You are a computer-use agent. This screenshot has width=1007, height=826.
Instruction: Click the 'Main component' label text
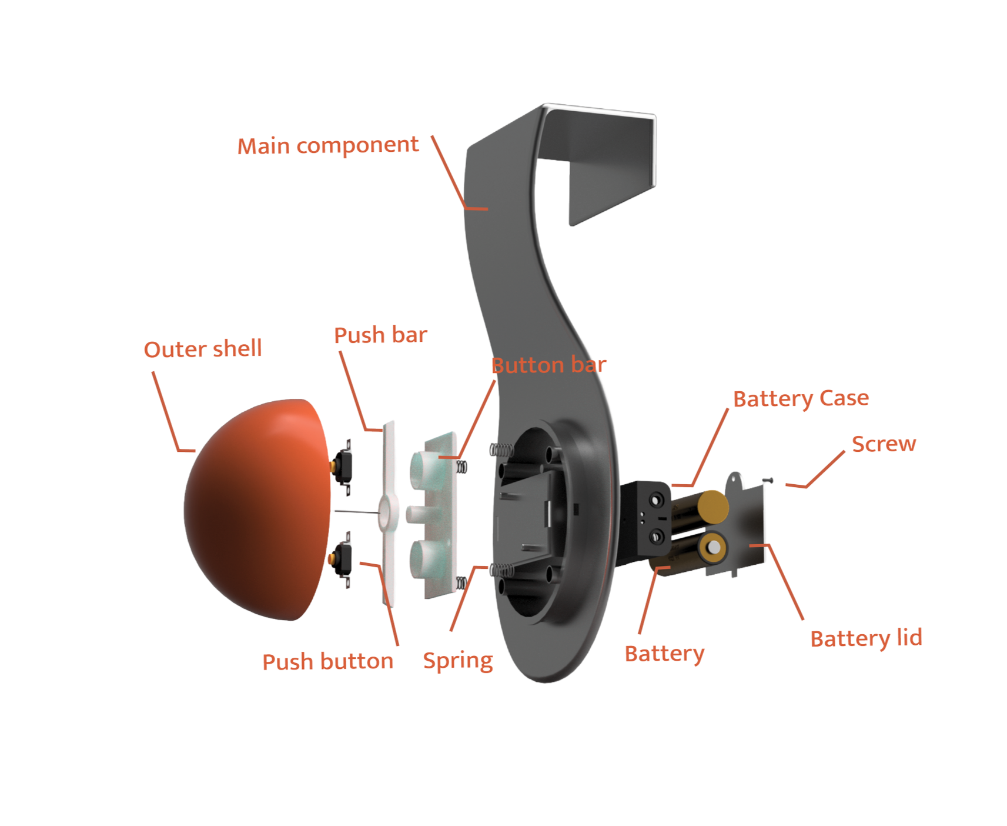click(328, 146)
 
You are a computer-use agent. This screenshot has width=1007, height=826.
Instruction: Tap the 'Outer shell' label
click(203, 349)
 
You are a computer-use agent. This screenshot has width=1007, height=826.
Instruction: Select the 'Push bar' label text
click(380, 335)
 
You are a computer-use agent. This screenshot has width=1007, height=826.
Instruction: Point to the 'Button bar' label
click(548, 365)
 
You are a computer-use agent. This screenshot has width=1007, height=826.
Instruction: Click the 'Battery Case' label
click(801, 399)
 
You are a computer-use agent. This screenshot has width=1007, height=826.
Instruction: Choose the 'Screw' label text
click(884, 444)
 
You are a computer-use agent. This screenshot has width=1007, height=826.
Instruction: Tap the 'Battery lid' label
click(866, 639)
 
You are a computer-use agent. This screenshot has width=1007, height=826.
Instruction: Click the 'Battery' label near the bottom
click(664, 654)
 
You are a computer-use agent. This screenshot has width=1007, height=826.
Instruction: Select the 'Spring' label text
click(458, 661)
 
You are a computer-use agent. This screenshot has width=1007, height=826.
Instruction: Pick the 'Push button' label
click(327, 662)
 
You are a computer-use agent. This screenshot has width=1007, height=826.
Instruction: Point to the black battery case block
click(647, 518)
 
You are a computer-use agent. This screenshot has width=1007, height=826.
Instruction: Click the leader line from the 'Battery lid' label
click(787, 582)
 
